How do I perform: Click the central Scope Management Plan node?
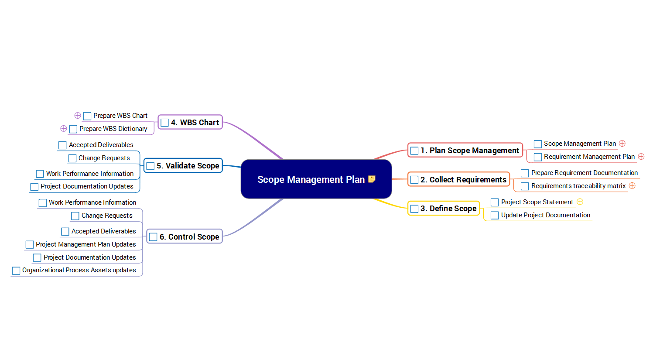click(x=311, y=179)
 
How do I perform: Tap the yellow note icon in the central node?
click(x=372, y=179)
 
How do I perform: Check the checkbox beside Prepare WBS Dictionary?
click(x=73, y=129)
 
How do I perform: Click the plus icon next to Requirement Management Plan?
click(x=641, y=157)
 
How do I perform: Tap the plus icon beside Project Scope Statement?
click(x=580, y=202)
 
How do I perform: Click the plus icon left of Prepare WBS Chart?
click(x=78, y=116)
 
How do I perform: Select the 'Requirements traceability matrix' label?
click(x=578, y=186)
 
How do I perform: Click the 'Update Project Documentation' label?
click(x=545, y=215)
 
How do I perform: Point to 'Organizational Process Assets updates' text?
click(x=79, y=270)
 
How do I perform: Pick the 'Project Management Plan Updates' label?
click(x=85, y=244)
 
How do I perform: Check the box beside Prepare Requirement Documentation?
click(x=525, y=173)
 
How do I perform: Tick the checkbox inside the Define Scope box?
click(x=414, y=209)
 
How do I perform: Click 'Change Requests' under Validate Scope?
click(x=104, y=158)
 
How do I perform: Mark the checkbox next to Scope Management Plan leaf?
click(x=538, y=144)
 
